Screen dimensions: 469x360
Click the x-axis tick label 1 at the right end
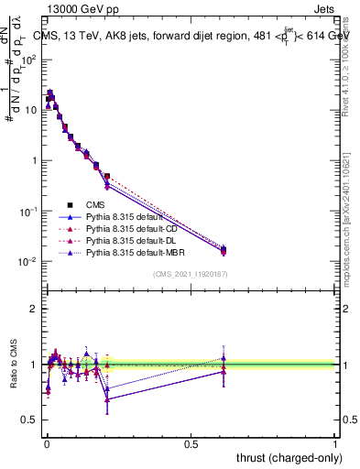click(335, 443)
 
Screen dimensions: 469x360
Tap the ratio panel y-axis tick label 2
click(34, 309)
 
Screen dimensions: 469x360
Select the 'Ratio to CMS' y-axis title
click(12, 365)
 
